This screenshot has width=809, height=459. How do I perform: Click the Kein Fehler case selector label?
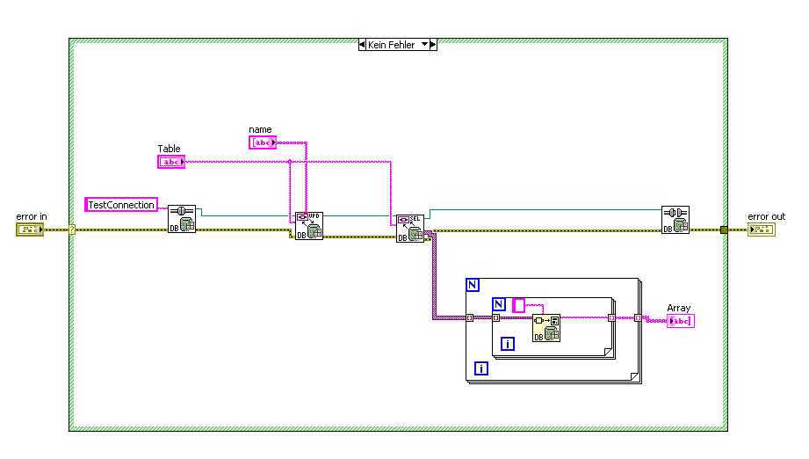(392, 44)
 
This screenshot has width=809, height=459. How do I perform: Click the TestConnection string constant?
(121, 205)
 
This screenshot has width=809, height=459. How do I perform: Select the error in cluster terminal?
(29, 229)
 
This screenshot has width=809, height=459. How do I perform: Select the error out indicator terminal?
(761, 229)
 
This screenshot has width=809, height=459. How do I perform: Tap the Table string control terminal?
(171, 162)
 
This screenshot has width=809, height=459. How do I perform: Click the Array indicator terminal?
(681, 321)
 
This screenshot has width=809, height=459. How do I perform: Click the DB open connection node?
(182, 219)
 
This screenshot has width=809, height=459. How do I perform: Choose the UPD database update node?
(309, 225)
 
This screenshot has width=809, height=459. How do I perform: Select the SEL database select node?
(409, 228)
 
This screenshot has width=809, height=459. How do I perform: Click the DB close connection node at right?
(675, 219)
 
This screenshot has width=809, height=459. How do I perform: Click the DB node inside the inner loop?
(546, 328)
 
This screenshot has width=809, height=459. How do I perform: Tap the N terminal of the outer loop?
(473, 285)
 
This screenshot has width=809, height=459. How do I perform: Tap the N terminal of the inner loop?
(499, 304)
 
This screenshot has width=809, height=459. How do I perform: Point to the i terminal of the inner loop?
(507, 344)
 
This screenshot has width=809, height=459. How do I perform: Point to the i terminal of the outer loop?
(480, 368)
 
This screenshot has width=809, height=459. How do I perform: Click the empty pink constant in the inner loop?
(518, 305)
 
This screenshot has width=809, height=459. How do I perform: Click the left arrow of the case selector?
(363, 44)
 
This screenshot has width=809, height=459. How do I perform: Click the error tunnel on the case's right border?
(723, 230)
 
